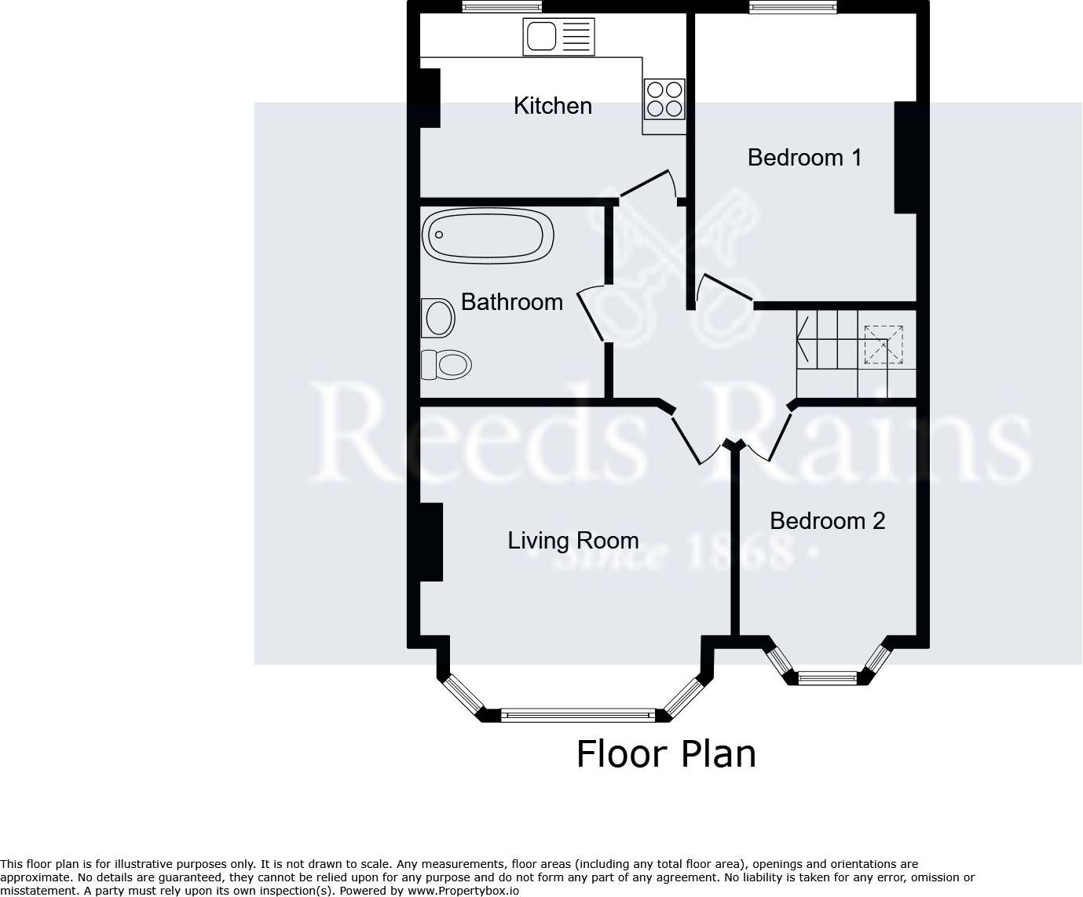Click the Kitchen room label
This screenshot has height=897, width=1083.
tap(552, 106)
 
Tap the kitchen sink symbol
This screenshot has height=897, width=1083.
tap(558, 37)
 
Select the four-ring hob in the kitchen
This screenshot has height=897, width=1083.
tap(664, 99)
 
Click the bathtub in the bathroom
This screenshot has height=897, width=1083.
tap(488, 235)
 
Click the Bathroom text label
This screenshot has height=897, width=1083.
tap(511, 302)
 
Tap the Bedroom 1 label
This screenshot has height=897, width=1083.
tap(804, 158)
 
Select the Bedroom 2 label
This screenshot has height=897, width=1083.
tap(827, 521)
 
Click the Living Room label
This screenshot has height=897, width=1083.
tap(573, 541)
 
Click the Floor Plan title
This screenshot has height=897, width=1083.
tap(666, 754)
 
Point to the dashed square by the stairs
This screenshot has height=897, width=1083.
tap(884, 345)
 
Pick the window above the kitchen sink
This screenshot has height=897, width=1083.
tap(502, 7)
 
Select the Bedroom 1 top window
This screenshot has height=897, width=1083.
tap(792, 7)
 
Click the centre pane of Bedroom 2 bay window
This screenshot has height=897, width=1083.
tap(827, 677)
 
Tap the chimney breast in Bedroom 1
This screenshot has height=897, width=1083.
tap(906, 157)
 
